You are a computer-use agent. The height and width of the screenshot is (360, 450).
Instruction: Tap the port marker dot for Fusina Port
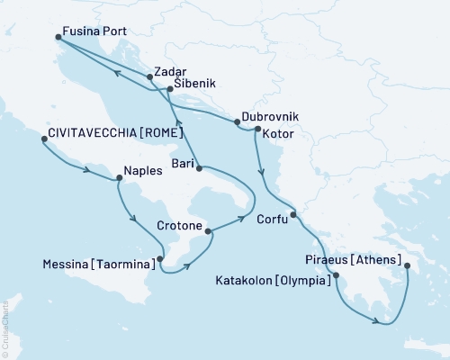(x=58, y=37)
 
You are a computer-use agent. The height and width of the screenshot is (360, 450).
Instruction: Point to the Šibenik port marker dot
(x=170, y=89)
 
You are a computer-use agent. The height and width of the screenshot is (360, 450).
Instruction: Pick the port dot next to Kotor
(x=258, y=130)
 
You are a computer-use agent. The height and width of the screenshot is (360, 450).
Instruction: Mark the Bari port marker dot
(x=199, y=168)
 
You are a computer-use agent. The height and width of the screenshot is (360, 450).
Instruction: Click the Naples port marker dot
(x=118, y=178)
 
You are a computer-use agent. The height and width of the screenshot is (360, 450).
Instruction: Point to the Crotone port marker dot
(x=209, y=231)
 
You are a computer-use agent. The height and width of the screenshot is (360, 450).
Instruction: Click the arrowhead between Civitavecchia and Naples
(x=86, y=169)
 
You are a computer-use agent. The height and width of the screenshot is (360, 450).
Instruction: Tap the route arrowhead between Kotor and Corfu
(x=261, y=173)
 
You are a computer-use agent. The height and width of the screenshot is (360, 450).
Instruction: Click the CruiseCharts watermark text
(x=4, y=329)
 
